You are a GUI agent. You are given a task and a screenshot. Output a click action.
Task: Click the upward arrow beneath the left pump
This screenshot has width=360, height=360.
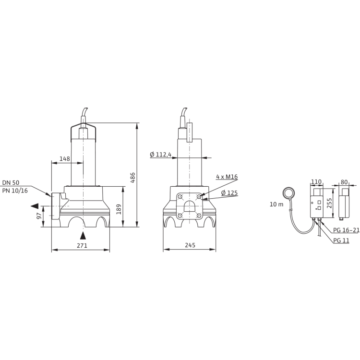pyautogui.click(x=84, y=235)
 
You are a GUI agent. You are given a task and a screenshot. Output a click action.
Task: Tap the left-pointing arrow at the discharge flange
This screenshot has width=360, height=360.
pyautogui.click(x=34, y=206)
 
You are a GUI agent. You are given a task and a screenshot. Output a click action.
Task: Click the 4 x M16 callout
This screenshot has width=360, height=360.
pyautogui.click(x=227, y=177)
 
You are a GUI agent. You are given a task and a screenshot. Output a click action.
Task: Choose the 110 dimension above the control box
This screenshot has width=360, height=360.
pyautogui.click(x=315, y=181)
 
